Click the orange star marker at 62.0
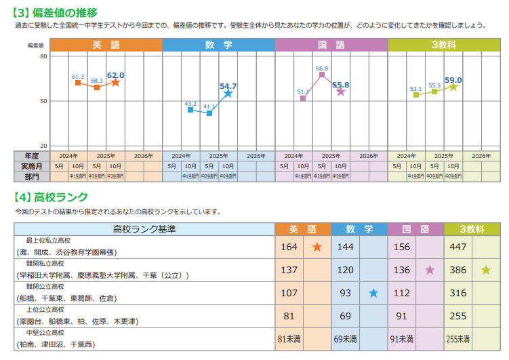(116, 83)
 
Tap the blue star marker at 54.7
(228, 94)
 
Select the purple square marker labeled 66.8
(322, 75)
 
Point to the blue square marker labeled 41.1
(209, 113)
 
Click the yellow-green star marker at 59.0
(453, 87)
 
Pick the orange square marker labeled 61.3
(78, 83)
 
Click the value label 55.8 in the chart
(341, 85)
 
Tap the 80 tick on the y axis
(43, 56)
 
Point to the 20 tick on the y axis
(43, 146)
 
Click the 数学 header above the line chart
(218, 45)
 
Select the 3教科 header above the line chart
(444, 45)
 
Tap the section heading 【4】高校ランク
(52, 197)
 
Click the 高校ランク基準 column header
(144, 229)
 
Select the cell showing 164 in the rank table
(289, 247)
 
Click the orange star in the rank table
(317, 247)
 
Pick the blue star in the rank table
(373, 294)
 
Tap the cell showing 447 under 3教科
(459, 247)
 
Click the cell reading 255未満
(459, 339)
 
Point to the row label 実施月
(31, 166)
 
